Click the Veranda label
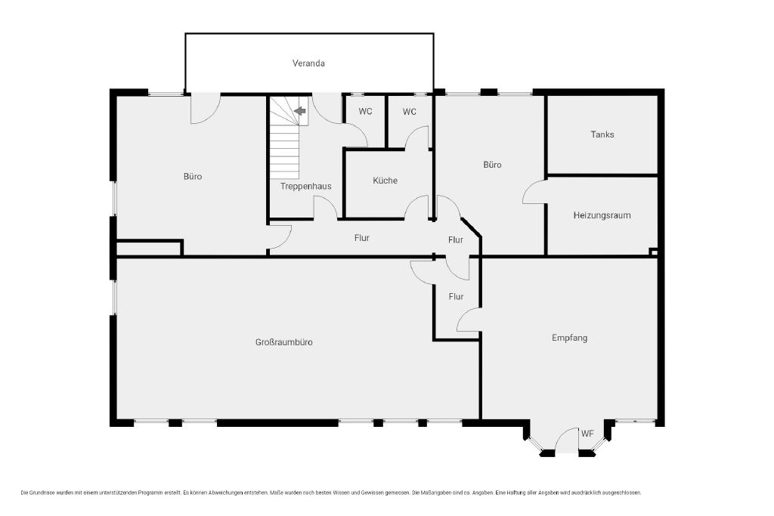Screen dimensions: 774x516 [308, 63]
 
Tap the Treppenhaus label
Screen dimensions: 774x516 [305, 187]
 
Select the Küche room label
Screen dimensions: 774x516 [385, 181]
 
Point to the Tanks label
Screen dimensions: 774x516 [602, 134]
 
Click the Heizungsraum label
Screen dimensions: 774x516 [602, 215]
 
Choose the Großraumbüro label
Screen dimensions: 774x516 [284, 342]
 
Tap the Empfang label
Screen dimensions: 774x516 [569, 338]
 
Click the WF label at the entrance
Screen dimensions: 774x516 [587, 434]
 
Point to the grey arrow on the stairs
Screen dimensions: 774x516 [300, 111]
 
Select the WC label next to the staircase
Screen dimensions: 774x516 [365, 112]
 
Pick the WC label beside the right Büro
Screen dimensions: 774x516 [409, 112]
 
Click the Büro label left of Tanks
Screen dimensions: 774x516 [492, 165]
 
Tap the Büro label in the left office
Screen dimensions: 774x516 [193, 177]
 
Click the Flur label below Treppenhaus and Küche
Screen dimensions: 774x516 [362, 238]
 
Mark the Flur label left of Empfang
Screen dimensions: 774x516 [456, 296]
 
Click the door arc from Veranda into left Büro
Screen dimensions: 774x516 [211, 115]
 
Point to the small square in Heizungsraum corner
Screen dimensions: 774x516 [654, 252]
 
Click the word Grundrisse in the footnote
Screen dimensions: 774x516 [42, 493]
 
